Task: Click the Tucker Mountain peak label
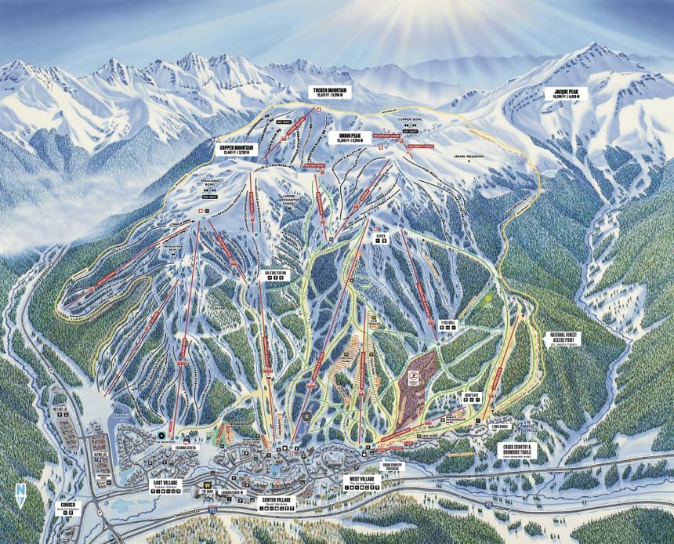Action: pos(329,92)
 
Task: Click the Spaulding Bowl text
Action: pos(210,180)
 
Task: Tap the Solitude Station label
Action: pos(268,274)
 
